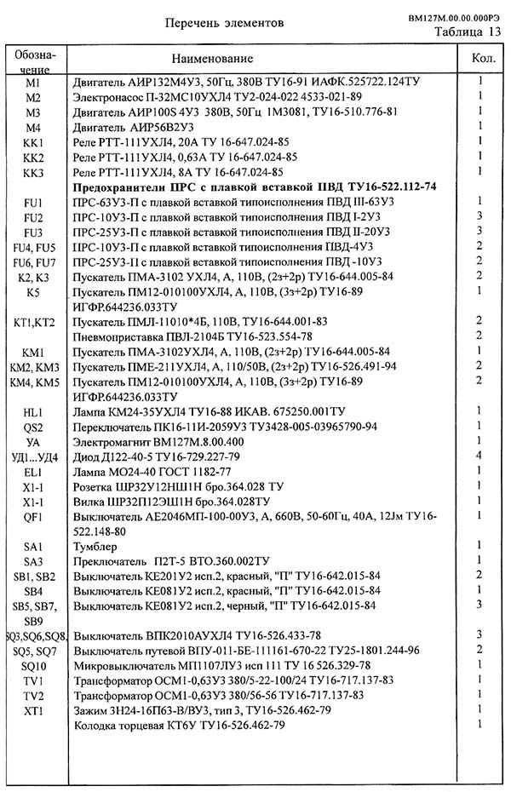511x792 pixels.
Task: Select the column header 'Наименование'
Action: pyautogui.click(x=212, y=59)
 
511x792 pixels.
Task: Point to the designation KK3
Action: pyautogui.click(x=33, y=173)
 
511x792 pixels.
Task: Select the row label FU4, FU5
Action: pyautogui.click(x=33, y=247)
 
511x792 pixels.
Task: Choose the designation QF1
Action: pyautogui.click(x=33, y=516)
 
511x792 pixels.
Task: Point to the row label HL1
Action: pyautogui.click(x=33, y=412)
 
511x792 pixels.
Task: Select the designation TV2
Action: pyautogui.click(x=33, y=695)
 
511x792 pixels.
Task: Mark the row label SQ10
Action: pyautogui.click(x=33, y=665)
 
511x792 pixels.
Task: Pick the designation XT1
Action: pyautogui.click(x=33, y=710)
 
